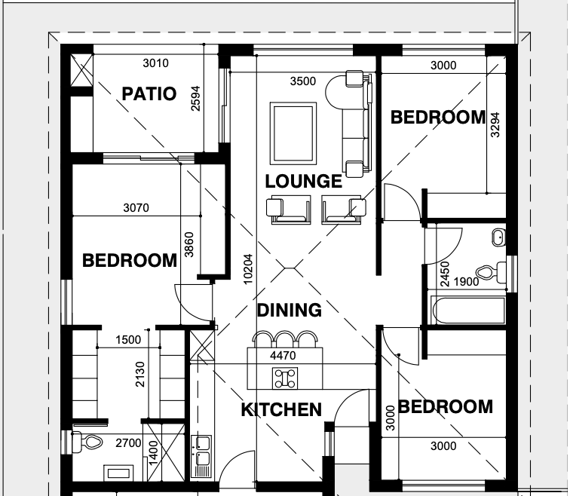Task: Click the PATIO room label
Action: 149,93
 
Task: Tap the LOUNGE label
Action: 304,182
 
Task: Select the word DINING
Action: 290,311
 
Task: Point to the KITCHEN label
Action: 281,409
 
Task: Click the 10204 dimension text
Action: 247,269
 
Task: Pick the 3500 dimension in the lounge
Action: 303,81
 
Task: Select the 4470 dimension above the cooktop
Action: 283,355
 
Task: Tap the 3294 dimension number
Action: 495,125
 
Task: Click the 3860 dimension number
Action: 189,244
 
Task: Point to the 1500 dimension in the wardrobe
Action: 128,340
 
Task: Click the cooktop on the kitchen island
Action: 285,378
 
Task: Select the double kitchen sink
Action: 201,456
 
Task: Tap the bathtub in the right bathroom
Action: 468,311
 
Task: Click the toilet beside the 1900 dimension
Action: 491,272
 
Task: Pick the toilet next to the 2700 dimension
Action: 87,442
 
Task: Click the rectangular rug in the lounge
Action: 293,133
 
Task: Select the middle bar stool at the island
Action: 285,339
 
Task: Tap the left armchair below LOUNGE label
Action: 289,210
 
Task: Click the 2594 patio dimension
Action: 195,99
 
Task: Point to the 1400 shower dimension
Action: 153,452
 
